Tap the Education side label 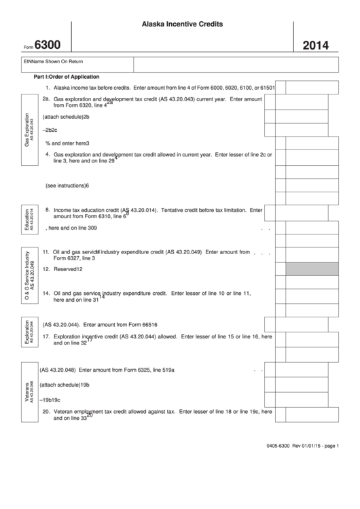point(29,219)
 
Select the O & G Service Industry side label point(30,277)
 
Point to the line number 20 point(46,411)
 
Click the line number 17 point(46,336)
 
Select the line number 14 point(46,293)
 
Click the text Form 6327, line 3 point(74,258)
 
